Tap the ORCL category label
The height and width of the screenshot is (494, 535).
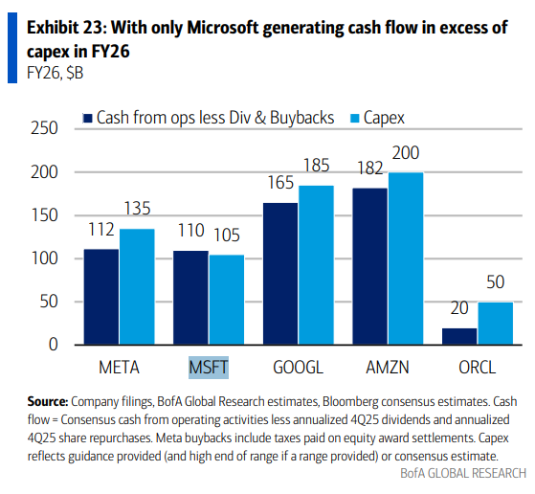(x=479, y=366)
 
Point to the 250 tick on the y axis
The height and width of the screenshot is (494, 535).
(x=45, y=129)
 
